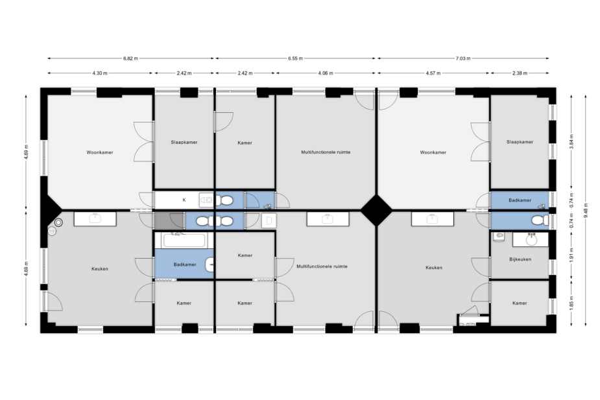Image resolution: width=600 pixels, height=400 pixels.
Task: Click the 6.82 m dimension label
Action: pos(130,58)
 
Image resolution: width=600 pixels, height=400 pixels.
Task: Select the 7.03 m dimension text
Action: pos(463,58)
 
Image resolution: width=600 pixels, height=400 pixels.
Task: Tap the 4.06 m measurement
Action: pos(325,73)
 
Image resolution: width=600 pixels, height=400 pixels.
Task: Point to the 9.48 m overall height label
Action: pos(586,210)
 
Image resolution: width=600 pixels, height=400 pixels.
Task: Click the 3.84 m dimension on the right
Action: pos(571,141)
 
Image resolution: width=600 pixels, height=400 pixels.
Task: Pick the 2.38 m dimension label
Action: pos(520,73)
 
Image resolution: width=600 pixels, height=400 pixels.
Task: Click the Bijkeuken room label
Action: pos(520,259)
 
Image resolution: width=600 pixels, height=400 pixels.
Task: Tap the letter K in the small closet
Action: pos(184,200)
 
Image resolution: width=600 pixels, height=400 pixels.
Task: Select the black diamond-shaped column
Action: pos(376,210)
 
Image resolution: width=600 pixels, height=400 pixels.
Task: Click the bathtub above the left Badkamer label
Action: pos(184,241)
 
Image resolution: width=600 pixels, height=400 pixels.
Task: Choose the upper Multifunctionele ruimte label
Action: pos(326,152)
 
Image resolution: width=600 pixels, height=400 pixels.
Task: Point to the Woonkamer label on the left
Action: pos(100,152)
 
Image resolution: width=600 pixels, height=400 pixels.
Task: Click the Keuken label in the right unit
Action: pos(434,268)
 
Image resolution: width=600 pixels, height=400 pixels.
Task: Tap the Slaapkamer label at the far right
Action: pos(520,142)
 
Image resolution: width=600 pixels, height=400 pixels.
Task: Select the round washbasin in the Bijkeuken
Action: pos(531,240)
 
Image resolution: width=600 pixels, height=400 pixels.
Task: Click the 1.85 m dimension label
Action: pos(571,303)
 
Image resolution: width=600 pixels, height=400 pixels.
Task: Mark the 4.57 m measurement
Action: pos(433,73)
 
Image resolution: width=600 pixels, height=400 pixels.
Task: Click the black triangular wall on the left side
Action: pos(51,210)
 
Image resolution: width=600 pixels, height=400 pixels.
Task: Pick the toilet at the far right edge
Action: pos(540,220)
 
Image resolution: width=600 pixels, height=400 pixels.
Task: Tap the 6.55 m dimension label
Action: pos(295,58)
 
